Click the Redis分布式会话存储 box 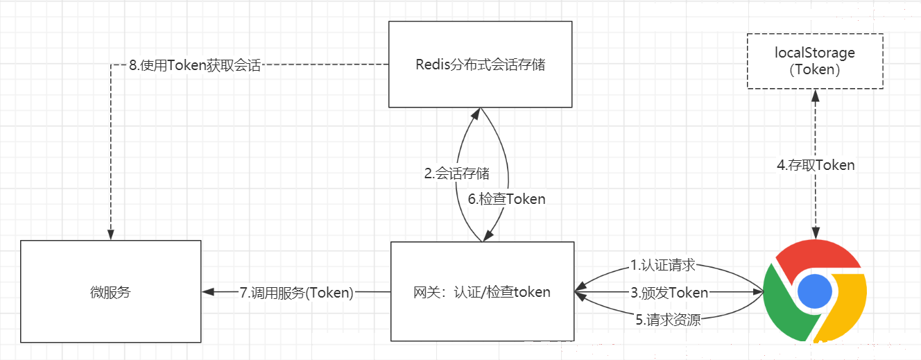[x=480, y=65]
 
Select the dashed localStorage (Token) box [x=815, y=61]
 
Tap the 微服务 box [x=110, y=291]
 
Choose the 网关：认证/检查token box [x=482, y=291]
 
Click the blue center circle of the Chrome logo [x=814, y=291]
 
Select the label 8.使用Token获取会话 [x=195, y=65]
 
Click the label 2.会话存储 [x=457, y=173]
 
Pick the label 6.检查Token [x=506, y=199]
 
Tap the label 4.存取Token [x=816, y=165]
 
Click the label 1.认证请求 [x=663, y=265]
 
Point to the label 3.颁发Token [x=669, y=293]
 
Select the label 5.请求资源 [x=668, y=320]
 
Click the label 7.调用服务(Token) [x=296, y=293]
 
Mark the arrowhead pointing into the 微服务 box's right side [x=208, y=292]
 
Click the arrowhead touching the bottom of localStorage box [x=816, y=96]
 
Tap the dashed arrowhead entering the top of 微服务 [x=110, y=234]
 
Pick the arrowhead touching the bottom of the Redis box [x=476, y=114]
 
